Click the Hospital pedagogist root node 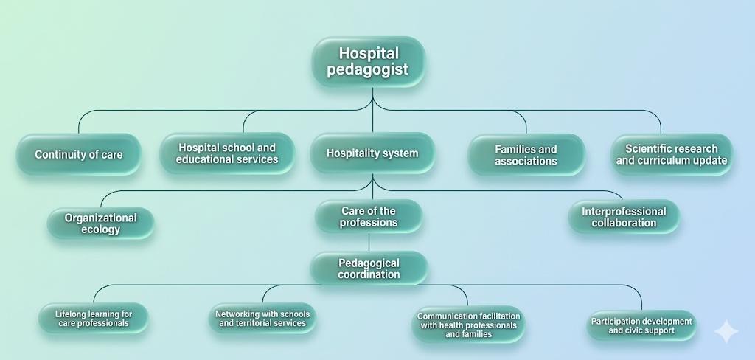click(x=369, y=61)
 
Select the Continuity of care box click(x=78, y=154)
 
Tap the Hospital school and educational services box click(x=227, y=153)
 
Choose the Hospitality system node click(x=372, y=153)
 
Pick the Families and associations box click(x=526, y=155)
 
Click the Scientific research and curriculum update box click(x=672, y=154)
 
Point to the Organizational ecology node click(x=100, y=223)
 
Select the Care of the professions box click(x=369, y=216)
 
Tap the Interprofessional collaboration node click(x=624, y=217)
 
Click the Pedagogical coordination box click(x=369, y=268)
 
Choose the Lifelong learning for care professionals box click(x=94, y=318)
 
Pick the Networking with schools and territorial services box click(x=262, y=318)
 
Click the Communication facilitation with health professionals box click(x=468, y=325)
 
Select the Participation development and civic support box click(x=641, y=325)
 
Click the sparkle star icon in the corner click(x=726, y=331)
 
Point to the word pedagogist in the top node click(x=367, y=69)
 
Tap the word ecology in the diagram click(x=100, y=229)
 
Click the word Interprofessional click(x=624, y=211)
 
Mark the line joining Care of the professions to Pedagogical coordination click(x=369, y=243)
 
